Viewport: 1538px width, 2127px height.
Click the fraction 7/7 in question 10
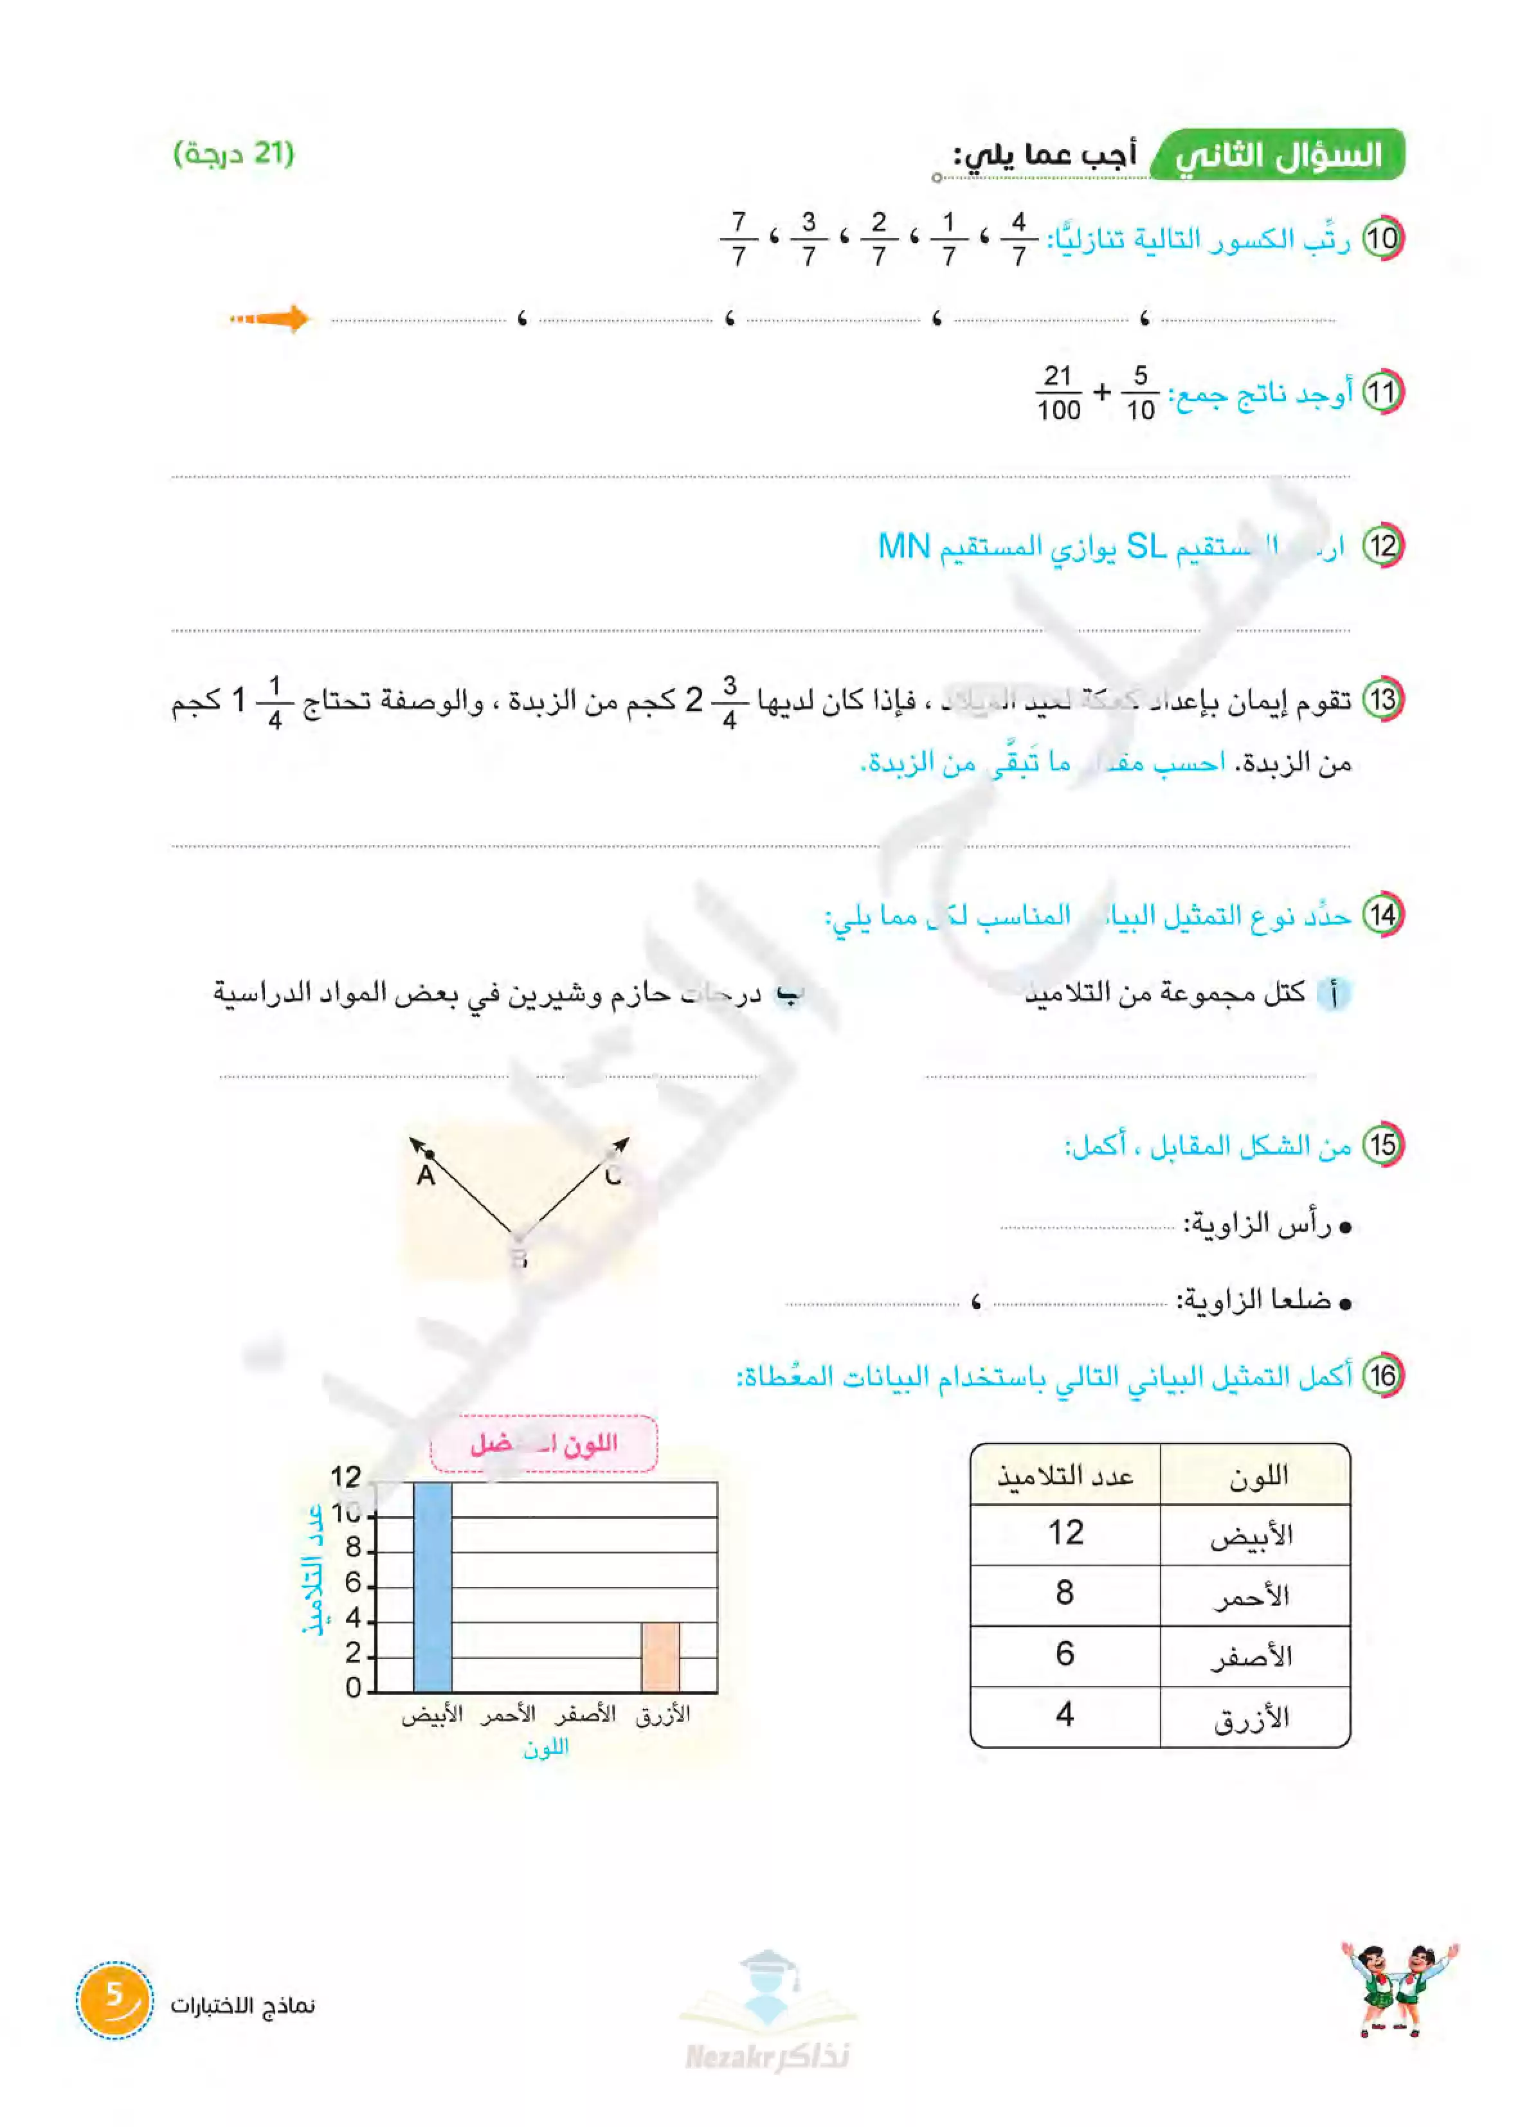coord(738,239)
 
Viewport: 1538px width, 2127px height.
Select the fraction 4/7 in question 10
coord(1018,239)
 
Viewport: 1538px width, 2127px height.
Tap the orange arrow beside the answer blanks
coord(271,319)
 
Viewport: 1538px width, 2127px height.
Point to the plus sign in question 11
coord(1102,392)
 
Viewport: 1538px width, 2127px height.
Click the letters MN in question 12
coord(904,546)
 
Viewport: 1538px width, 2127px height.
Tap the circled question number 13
coord(1382,700)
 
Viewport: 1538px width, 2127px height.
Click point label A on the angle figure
coord(426,1175)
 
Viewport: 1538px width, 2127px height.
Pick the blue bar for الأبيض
coord(432,1587)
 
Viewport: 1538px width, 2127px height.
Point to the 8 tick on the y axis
coord(354,1548)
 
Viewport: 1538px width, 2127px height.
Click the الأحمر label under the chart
coord(509,1714)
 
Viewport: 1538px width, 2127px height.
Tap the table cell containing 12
coord(1065,1534)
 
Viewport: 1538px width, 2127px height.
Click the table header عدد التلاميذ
coord(1065,1476)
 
